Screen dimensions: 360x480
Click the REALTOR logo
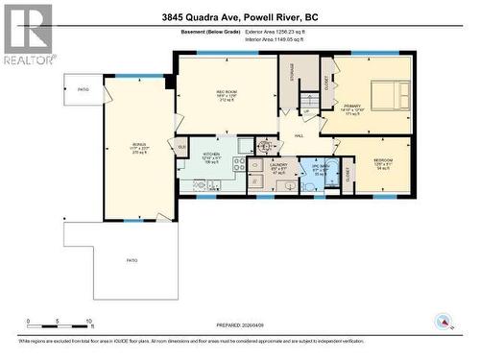[x=27, y=33]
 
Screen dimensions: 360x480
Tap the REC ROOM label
[x=226, y=93]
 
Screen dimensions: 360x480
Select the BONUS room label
[x=139, y=147]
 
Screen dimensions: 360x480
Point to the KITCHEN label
[x=212, y=156]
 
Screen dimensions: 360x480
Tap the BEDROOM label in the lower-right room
[x=383, y=162]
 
